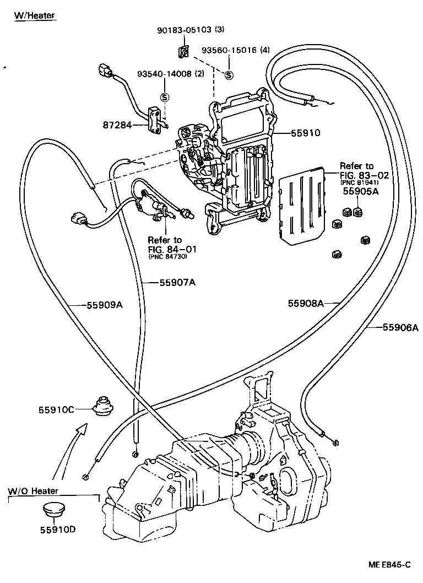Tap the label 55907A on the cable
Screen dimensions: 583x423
pos(177,283)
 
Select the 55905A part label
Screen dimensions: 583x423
pos(360,192)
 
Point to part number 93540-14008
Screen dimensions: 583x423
pos(164,74)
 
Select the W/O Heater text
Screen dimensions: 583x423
pos(33,490)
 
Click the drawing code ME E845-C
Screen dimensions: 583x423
pos(389,565)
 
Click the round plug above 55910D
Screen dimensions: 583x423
pos(56,510)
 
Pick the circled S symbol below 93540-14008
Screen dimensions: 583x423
pos(164,97)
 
